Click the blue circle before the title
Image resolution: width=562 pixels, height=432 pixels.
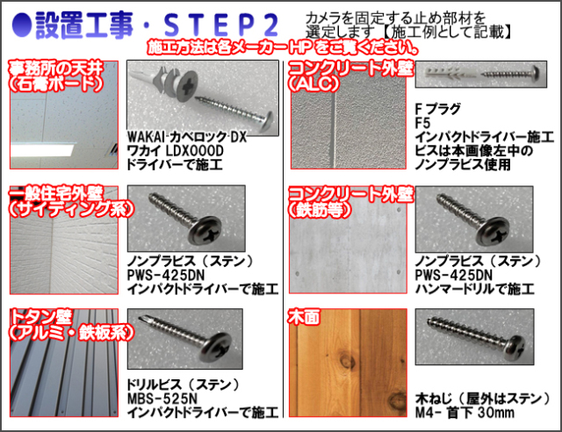tap(21, 25)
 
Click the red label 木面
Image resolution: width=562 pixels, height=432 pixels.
tap(304, 317)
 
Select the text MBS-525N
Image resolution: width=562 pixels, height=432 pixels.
tap(162, 399)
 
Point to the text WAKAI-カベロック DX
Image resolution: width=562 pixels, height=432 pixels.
tap(187, 137)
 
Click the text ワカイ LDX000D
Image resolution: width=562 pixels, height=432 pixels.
tap(176, 151)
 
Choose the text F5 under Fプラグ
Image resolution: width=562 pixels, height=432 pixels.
tap(422, 123)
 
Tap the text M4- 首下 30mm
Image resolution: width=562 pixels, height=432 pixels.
tap(465, 413)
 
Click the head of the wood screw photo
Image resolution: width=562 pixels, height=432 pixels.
tap(517, 348)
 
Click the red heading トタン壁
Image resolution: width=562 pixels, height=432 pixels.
tap(40, 317)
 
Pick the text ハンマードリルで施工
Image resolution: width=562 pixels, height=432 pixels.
tap(475, 289)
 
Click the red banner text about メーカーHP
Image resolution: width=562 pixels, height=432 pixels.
tap(283, 47)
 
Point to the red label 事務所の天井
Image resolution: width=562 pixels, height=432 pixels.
tap(56, 68)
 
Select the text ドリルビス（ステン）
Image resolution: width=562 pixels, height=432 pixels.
tap(184, 385)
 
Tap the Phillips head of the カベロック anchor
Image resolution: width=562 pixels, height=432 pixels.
tap(187, 85)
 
